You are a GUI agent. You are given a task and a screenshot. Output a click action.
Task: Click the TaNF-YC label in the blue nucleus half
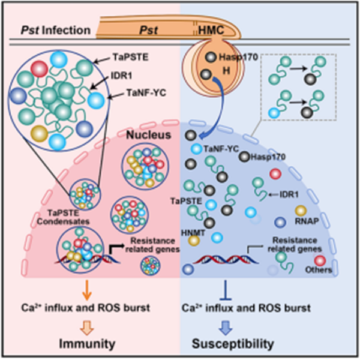[x=221, y=148]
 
